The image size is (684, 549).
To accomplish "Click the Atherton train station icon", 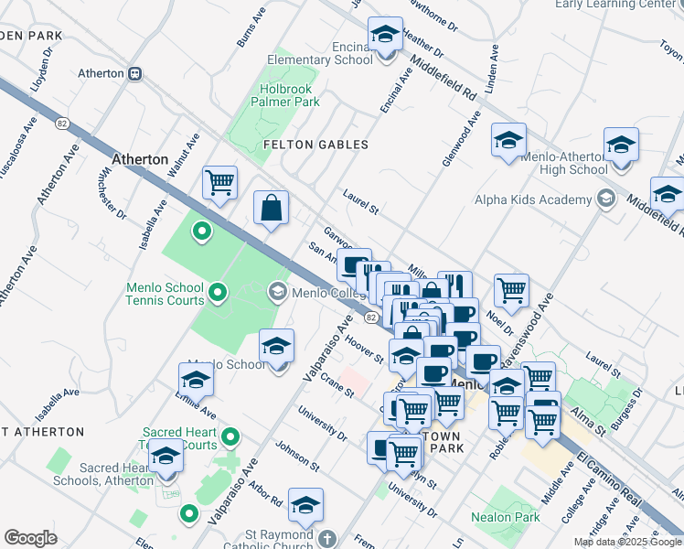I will [134, 73].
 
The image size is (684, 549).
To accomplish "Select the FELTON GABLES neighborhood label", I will [315, 145].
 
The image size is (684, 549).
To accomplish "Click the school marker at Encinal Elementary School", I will [385, 36].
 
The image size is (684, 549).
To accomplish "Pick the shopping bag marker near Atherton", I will [272, 208].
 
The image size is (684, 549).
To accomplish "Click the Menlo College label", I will [326, 293].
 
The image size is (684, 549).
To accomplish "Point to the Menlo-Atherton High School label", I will [563, 163].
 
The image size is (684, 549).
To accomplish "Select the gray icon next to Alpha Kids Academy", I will [604, 199].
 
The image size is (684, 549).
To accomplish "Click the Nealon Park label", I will [500, 516].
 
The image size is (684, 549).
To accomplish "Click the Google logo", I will [30, 538].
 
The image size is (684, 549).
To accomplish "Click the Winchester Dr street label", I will [113, 195].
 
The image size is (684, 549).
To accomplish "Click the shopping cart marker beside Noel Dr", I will [512, 291].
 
